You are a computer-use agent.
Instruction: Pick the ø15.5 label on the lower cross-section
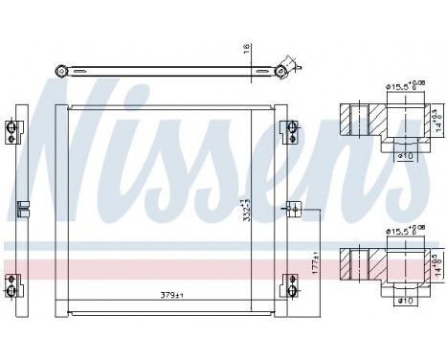[398, 232]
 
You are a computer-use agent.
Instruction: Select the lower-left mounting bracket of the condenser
[14, 282]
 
